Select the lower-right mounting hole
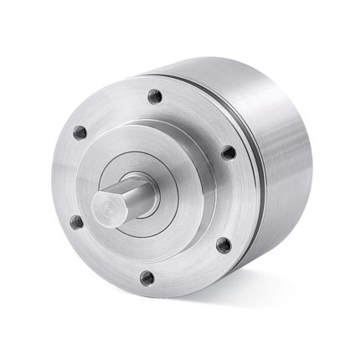pos(224,246)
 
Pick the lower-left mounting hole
pos(76,221)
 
